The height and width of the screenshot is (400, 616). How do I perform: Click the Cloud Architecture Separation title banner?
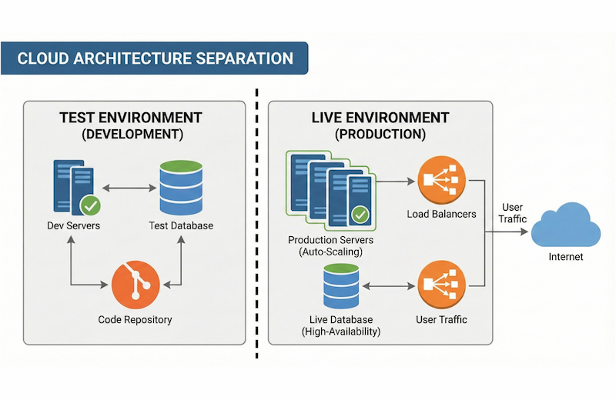(154, 58)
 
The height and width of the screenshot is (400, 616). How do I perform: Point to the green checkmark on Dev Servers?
(90, 205)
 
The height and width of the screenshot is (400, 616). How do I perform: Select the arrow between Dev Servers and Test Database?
(127, 186)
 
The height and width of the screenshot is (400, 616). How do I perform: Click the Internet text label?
(565, 257)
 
